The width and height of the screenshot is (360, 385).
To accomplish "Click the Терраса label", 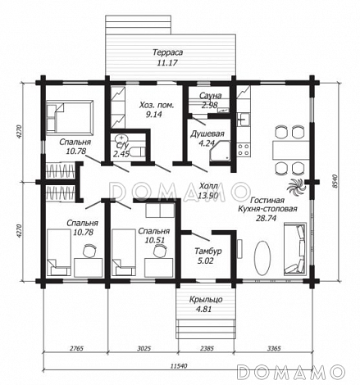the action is (x=167, y=52).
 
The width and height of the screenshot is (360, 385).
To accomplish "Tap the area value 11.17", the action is (x=167, y=63).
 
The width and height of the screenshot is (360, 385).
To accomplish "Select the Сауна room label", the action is (x=210, y=96).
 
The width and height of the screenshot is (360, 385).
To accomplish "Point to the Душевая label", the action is (x=207, y=134).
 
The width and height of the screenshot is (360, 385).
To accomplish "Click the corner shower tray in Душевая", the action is (x=220, y=152).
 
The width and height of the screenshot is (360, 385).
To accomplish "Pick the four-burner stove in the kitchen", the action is (x=243, y=150).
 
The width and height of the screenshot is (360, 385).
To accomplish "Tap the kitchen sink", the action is (x=243, y=120).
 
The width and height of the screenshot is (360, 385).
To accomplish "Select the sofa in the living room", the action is (x=295, y=249).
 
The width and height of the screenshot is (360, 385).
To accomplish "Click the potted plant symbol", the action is (x=296, y=187).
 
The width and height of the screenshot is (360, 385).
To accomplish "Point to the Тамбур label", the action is (x=208, y=251).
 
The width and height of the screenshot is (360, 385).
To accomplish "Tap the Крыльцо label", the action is (x=206, y=300).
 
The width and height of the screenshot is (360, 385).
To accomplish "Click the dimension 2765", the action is (x=76, y=348).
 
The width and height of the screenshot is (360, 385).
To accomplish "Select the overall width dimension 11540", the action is (x=179, y=366).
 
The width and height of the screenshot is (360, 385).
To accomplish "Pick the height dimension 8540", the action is (x=334, y=181).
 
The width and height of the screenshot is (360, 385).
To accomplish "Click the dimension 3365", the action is (x=274, y=348).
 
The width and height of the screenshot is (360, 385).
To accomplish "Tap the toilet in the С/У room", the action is (x=138, y=152).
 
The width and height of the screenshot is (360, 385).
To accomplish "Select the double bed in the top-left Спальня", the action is (x=70, y=118).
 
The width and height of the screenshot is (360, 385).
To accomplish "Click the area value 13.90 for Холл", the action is (x=207, y=196).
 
